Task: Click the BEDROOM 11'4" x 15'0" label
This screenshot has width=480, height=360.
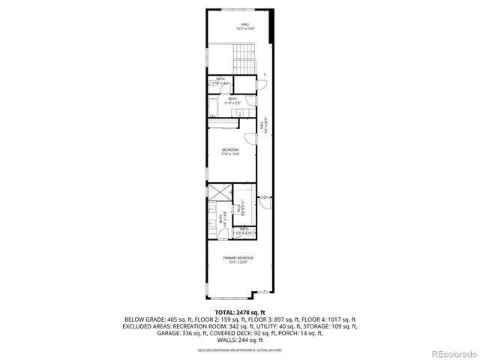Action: click(x=230, y=152)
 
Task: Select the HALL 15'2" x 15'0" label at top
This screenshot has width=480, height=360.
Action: click(x=245, y=26)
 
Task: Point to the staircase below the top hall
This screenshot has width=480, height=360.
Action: click(x=245, y=55)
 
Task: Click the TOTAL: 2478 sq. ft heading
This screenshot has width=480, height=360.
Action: click(x=240, y=311)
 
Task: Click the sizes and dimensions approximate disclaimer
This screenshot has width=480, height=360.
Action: click(x=240, y=349)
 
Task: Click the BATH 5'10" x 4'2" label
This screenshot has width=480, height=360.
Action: click(x=220, y=80)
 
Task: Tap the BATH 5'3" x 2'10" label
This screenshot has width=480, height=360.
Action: click(x=244, y=231)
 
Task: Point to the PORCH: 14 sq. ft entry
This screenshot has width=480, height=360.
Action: click(x=299, y=332)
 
